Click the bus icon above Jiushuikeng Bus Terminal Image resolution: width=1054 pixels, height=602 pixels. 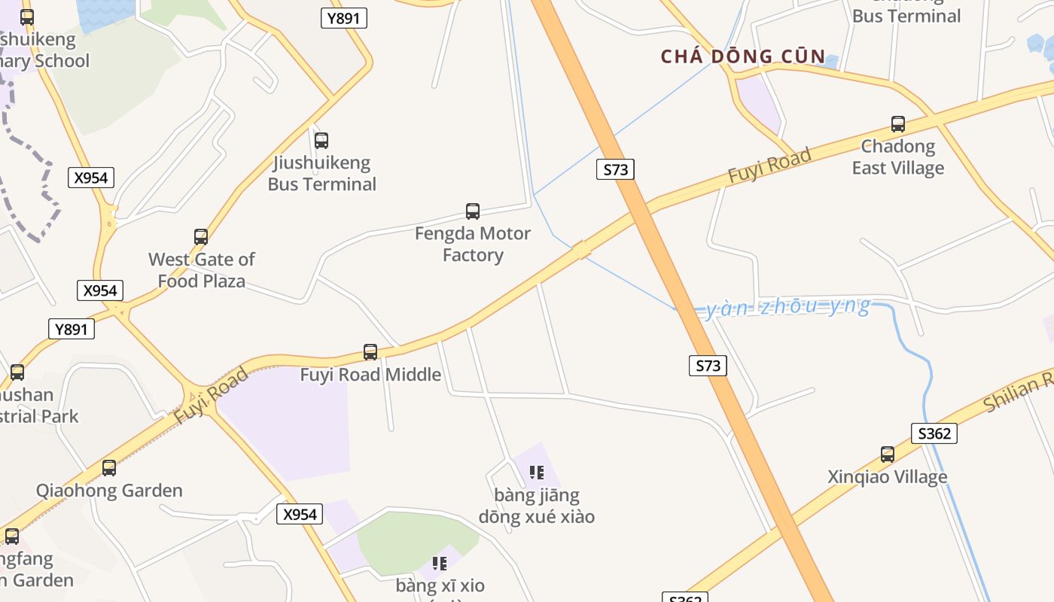pyautogui.click(x=321, y=140)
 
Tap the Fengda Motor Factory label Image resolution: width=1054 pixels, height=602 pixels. pyautogui.click(x=473, y=245)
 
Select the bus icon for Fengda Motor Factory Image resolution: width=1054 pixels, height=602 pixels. pyautogui.click(x=473, y=211)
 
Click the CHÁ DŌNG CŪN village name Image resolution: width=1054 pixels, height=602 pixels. pyautogui.click(x=743, y=56)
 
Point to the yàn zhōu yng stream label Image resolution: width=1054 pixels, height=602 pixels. pyautogui.click(x=787, y=308)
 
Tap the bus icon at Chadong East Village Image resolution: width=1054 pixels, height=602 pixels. pyautogui.click(x=898, y=124)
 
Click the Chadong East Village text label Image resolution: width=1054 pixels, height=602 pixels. pyautogui.click(x=898, y=157)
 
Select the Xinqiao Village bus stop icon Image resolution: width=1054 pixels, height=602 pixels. pyautogui.click(x=888, y=455)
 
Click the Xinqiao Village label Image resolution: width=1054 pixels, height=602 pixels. pyautogui.click(x=888, y=477)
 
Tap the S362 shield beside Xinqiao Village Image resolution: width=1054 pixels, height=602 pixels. pyautogui.click(x=934, y=433)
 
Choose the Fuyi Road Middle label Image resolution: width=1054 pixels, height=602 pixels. pyautogui.click(x=370, y=375)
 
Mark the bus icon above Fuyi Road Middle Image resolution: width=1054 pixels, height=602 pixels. pyautogui.click(x=370, y=352)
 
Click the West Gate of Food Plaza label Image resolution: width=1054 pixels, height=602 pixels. pyautogui.click(x=202, y=270)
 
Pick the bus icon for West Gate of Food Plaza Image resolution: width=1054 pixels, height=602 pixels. pyautogui.click(x=201, y=237)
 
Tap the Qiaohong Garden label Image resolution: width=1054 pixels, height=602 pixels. pyautogui.click(x=109, y=491)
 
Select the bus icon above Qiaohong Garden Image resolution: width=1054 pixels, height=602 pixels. pyautogui.click(x=109, y=468)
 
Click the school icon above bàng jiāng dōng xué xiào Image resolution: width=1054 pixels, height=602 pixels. pyautogui.click(x=537, y=473)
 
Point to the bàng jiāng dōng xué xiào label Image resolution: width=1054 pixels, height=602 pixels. pyautogui.click(x=537, y=506)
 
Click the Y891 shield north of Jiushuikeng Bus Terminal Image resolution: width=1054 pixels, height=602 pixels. pyautogui.click(x=344, y=19)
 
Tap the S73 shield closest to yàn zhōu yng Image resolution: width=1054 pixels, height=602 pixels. pyautogui.click(x=708, y=366)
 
